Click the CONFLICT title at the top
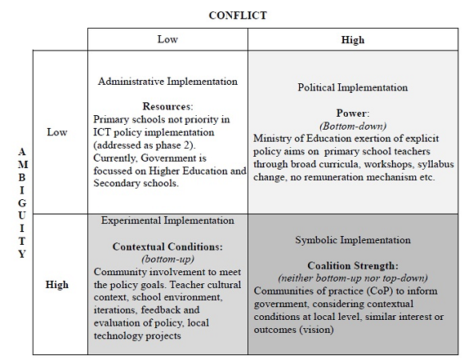pos(238,15)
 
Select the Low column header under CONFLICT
pos(167,39)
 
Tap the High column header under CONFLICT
pos(353,39)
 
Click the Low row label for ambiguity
pos(58,132)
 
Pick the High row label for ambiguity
pos(58,284)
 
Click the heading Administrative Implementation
pos(168,82)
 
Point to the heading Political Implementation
pos(353,87)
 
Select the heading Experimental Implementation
pos(168,220)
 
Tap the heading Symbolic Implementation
pos(353,240)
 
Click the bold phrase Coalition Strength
pos(353,266)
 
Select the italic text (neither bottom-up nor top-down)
pos(353,278)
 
